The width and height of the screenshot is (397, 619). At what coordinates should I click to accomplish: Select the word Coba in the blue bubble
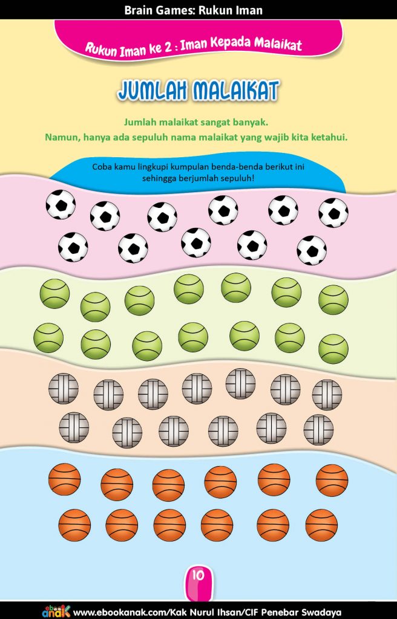coord(100,166)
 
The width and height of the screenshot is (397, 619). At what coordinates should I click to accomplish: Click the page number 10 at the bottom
coord(198,575)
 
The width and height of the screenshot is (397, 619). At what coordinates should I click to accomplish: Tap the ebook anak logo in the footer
coord(56,611)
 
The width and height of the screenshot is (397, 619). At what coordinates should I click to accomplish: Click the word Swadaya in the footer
coord(323,613)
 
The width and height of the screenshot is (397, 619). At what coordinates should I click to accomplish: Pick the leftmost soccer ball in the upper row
coord(61,204)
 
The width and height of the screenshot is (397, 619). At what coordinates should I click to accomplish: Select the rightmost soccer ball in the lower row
coord(312,250)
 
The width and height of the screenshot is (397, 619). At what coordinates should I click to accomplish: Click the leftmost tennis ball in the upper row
coord(54,294)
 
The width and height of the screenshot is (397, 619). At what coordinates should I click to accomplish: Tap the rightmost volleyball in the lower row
coord(318,430)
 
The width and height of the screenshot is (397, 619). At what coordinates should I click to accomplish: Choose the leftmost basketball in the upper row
coord(65,479)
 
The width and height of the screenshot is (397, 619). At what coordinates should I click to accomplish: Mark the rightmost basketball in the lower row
coord(321,525)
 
